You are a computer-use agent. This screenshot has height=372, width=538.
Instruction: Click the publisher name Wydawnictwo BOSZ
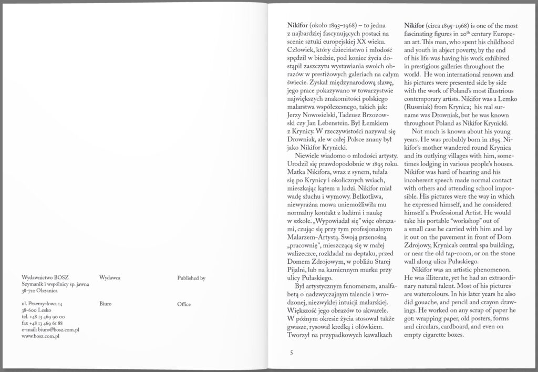[43, 277]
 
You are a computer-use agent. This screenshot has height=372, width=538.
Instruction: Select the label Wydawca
[110, 277]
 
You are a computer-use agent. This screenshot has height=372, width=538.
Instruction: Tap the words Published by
[191, 277]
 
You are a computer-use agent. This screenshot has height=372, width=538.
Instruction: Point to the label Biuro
[106, 304]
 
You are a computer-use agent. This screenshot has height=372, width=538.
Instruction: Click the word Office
[184, 304]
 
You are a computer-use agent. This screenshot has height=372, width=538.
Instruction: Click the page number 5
[291, 352]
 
